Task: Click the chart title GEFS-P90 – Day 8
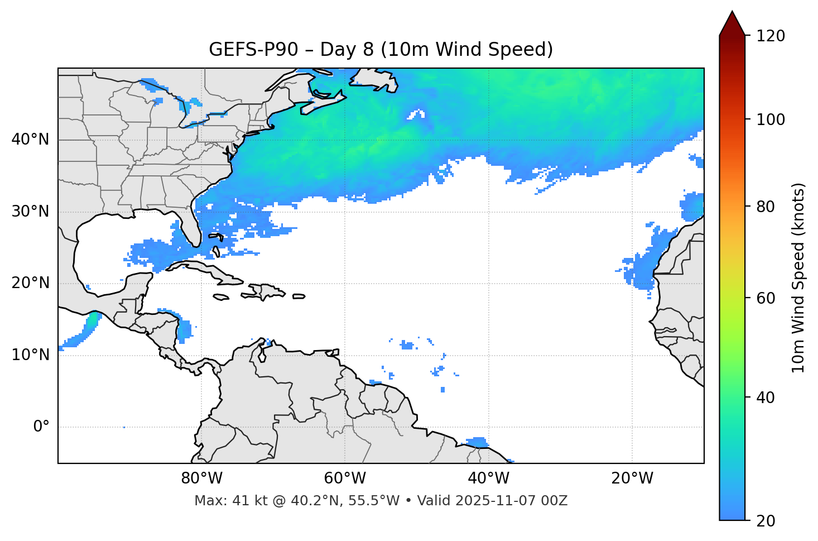coord(381,50)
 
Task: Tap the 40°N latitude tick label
coord(30,140)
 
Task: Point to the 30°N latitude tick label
coord(30,212)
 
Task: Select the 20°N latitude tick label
coord(30,283)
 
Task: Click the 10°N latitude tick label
coord(30,355)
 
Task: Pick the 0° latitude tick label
coord(41,427)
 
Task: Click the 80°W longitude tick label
coord(201,478)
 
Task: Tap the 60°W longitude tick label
coord(345,478)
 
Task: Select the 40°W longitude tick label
coord(489,478)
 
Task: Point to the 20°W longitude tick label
coord(632,478)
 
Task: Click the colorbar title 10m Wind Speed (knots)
coord(799,277)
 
